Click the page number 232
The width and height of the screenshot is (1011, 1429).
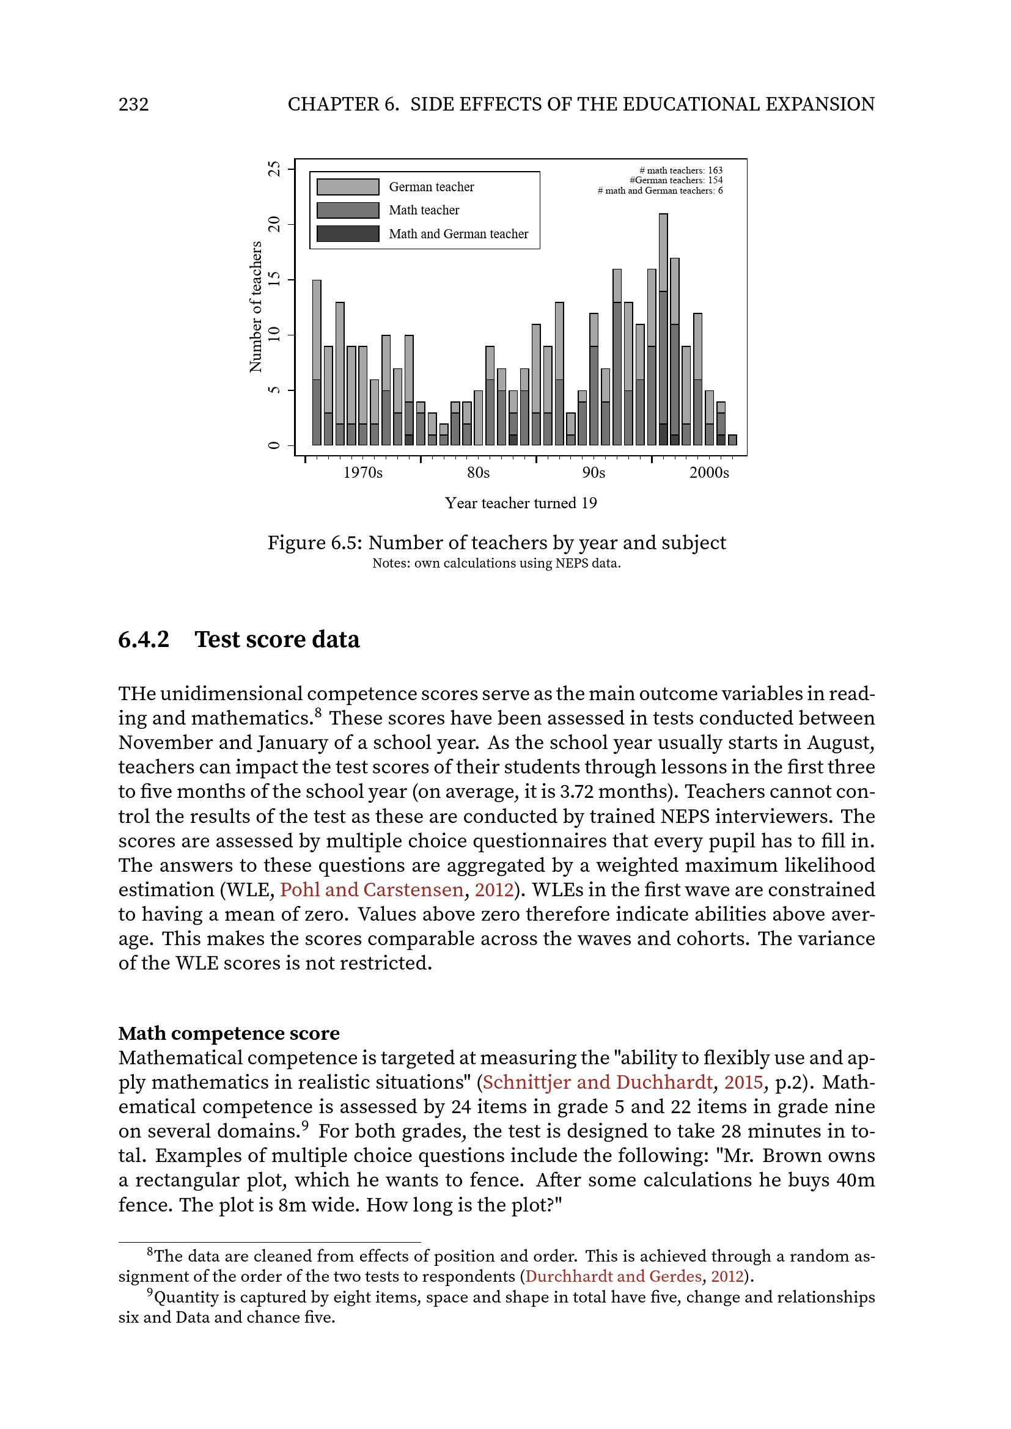(x=133, y=104)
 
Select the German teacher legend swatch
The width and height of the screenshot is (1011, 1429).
(x=347, y=187)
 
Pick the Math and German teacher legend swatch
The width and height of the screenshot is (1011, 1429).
(x=347, y=233)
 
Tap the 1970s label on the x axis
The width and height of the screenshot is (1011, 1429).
(x=363, y=472)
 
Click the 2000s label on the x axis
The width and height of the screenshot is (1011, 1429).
(x=708, y=472)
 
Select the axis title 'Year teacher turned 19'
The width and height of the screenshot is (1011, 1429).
(x=520, y=503)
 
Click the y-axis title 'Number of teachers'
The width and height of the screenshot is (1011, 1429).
(x=256, y=307)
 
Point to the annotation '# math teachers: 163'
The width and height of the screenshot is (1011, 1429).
(x=680, y=170)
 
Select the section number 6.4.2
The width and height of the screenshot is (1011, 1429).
(x=144, y=640)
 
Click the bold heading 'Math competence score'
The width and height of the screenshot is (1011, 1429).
(x=229, y=1033)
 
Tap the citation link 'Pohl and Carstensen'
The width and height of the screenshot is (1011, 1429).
(x=371, y=890)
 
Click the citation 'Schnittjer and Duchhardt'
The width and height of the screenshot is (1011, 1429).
(x=597, y=1082)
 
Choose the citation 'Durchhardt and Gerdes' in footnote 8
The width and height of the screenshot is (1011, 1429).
(x=612, y=1276)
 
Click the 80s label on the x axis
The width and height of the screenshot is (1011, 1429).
(x=478, y=472)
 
